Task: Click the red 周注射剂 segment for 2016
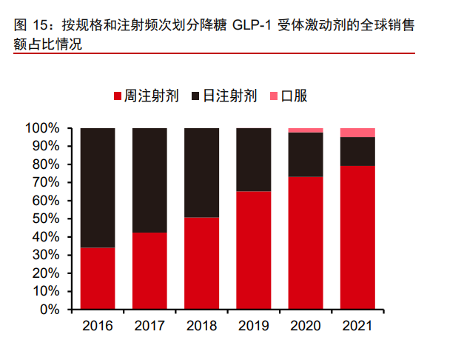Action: tap(98, 278)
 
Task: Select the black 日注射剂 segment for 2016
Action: tap(98, 187)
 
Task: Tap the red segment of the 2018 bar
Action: tap(201, 262)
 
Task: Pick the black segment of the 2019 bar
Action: tap(253, 159)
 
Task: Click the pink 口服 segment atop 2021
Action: tap(357, 133)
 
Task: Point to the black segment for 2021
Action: tap(357, 151)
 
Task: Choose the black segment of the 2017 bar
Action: tap(149, 180)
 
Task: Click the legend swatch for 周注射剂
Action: tap(118, 96)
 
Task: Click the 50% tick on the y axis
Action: tap(45, 219)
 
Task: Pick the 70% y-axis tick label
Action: tap(45, 182)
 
